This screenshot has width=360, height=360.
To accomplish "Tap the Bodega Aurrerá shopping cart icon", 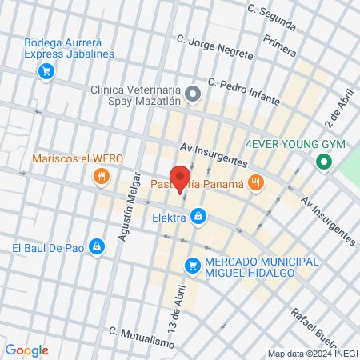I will (x=46, y=71).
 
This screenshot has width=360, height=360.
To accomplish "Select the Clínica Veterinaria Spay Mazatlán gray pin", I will (x=193, y=94).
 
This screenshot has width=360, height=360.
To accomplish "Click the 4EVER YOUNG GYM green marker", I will (x=324, y=163).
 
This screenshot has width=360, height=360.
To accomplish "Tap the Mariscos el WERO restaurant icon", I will (x=101, y=176).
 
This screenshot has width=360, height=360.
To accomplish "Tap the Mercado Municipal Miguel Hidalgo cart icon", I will (x=192, y=265).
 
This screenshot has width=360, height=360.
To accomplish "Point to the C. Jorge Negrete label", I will (x=215, y=46).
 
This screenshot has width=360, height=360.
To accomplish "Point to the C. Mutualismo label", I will (x=141, y=337).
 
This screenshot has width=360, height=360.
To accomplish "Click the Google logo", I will (x=26, y=350).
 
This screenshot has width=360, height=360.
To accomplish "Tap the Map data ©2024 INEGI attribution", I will (x=312, y=354).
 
